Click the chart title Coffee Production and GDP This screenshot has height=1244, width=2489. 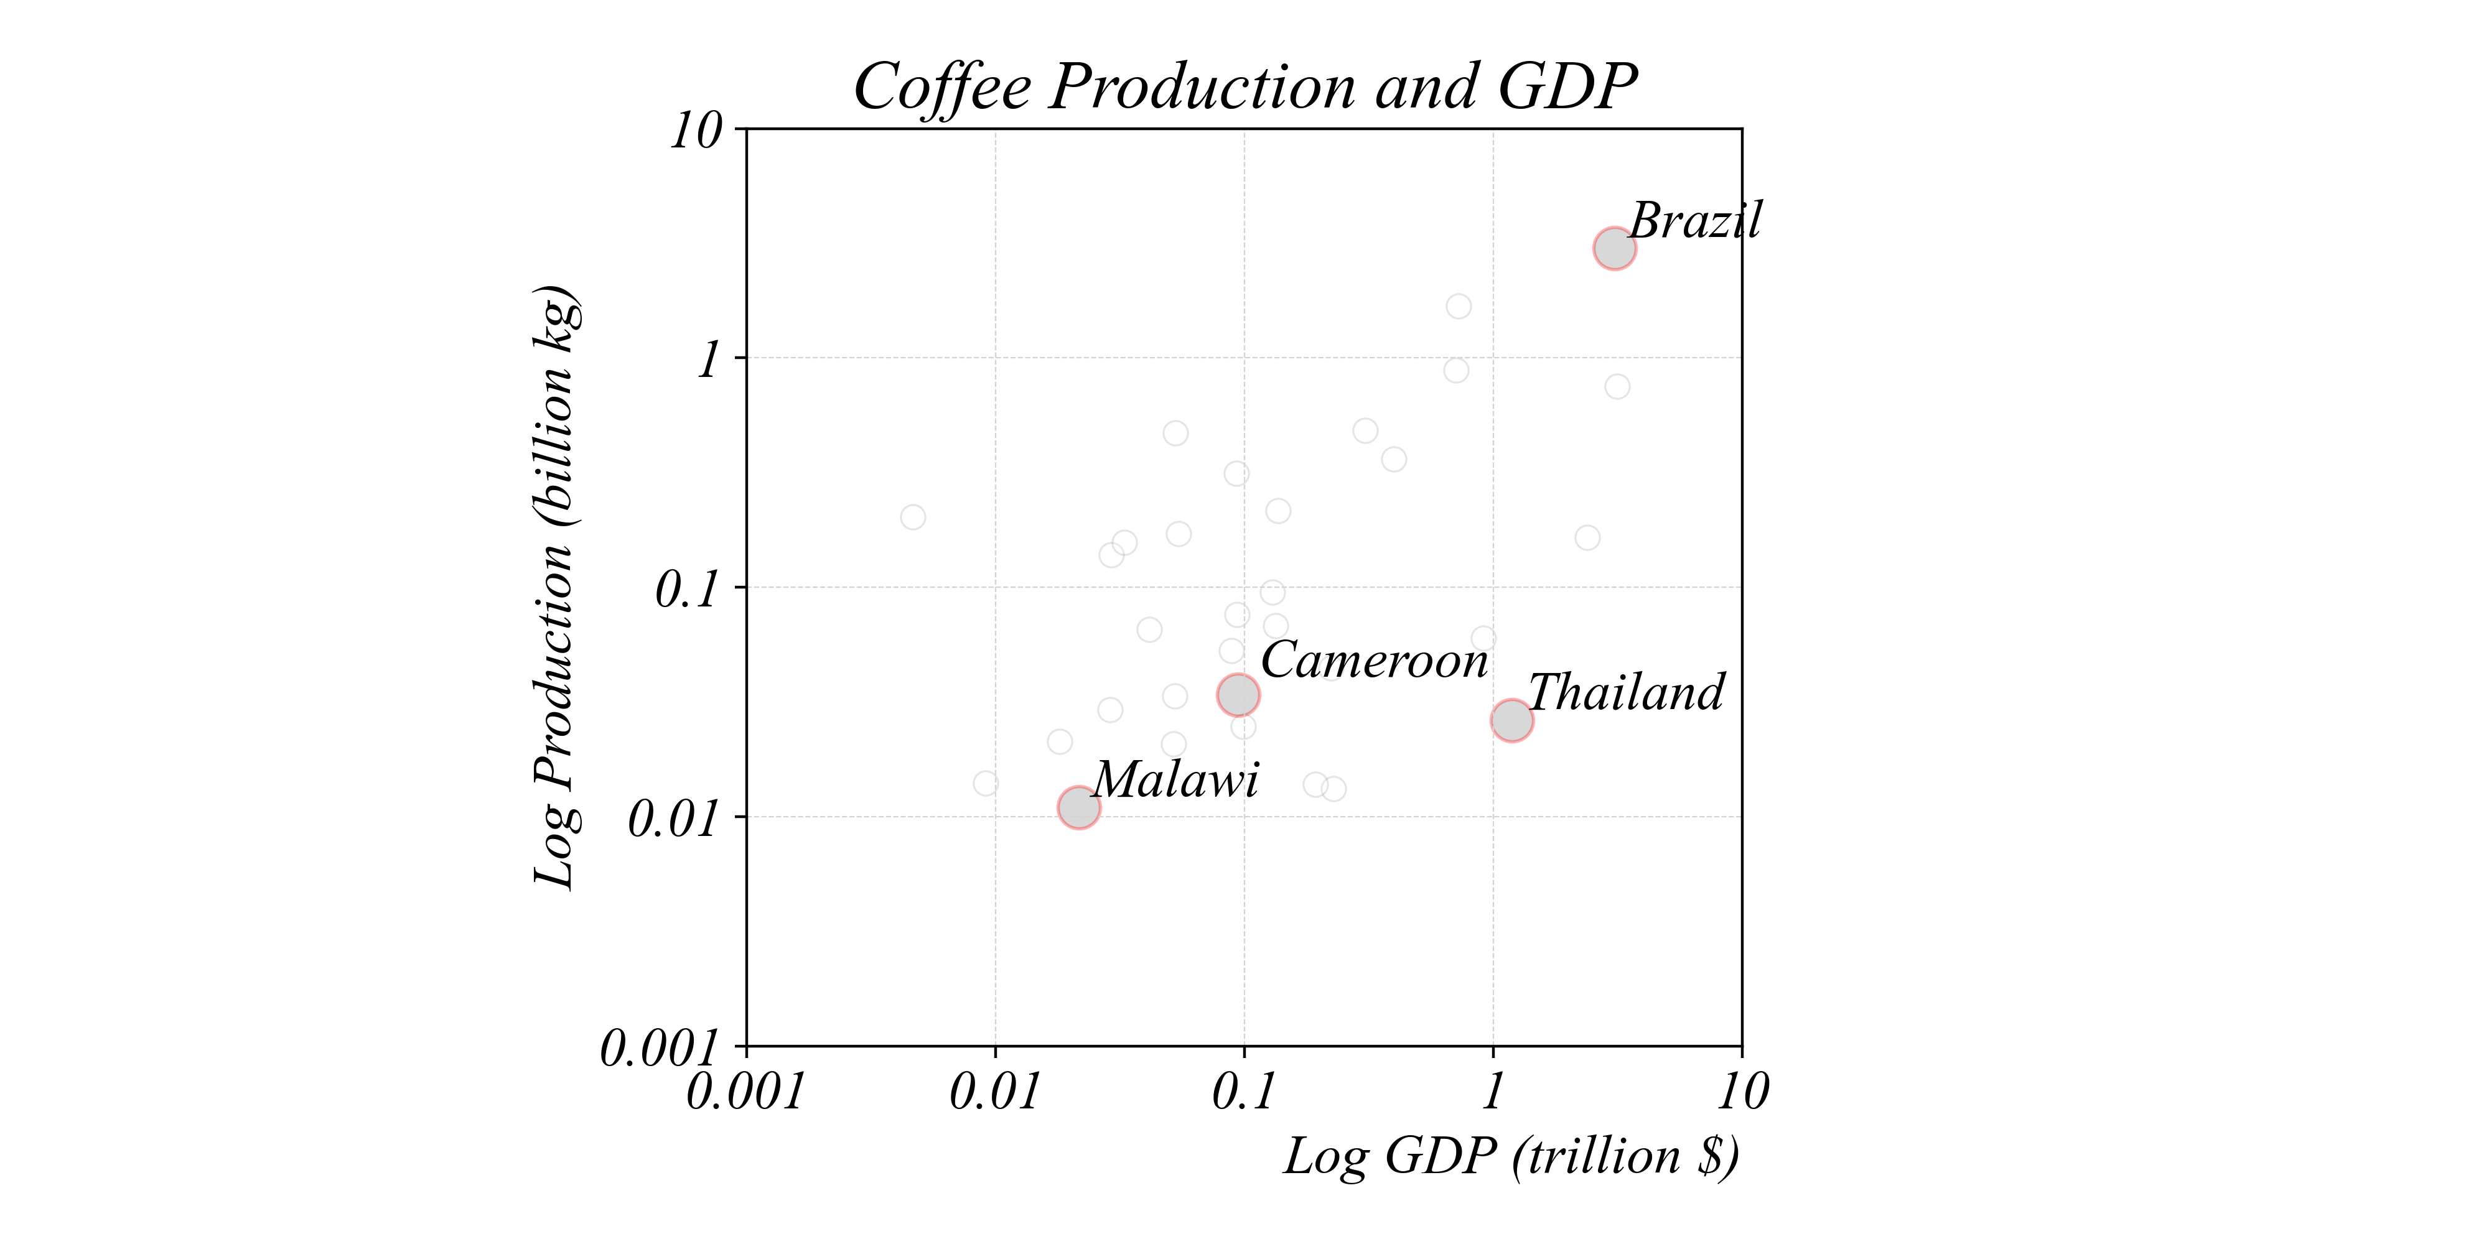[x=1244, y=87]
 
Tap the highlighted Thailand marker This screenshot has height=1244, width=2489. [x=1511, y=720]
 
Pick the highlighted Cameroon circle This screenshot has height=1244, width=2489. [x=1238, y=694]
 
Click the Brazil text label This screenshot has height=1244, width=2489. [x=1696, y=221]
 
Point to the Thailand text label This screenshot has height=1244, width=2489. [x=1626, y=692]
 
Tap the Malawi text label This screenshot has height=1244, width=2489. [x=1176, y=779]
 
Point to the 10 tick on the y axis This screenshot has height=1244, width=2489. [x=697, y=131]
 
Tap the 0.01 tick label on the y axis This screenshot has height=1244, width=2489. [x=675, y=819]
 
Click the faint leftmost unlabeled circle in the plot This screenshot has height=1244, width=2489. [x=913, y=518]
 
